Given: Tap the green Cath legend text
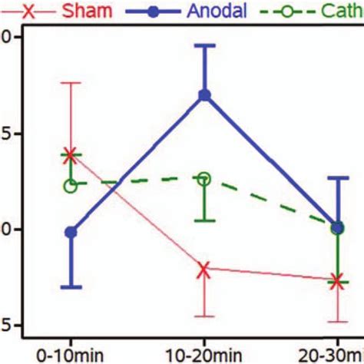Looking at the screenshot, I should tap(343, 12).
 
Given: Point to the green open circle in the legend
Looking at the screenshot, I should tap(296, 12).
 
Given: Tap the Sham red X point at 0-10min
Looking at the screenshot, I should tap(71, 155).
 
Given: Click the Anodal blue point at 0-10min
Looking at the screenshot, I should tap(71, 232).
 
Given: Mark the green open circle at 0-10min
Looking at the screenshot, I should tap(70, 185).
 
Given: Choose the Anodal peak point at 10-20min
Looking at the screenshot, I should tap(204, 95).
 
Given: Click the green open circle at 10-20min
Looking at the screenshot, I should tap(204, 178).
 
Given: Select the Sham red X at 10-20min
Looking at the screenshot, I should tap(204, 269).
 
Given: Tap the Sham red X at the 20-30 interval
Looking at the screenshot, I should tap(337, 281).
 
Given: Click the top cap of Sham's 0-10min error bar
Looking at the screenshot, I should tap(71, 82).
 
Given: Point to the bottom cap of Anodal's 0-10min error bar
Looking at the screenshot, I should tap(71, 287).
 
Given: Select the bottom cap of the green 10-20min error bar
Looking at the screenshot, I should tap(204, 220).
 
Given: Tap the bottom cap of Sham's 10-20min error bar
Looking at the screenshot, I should tap(204, 316).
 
